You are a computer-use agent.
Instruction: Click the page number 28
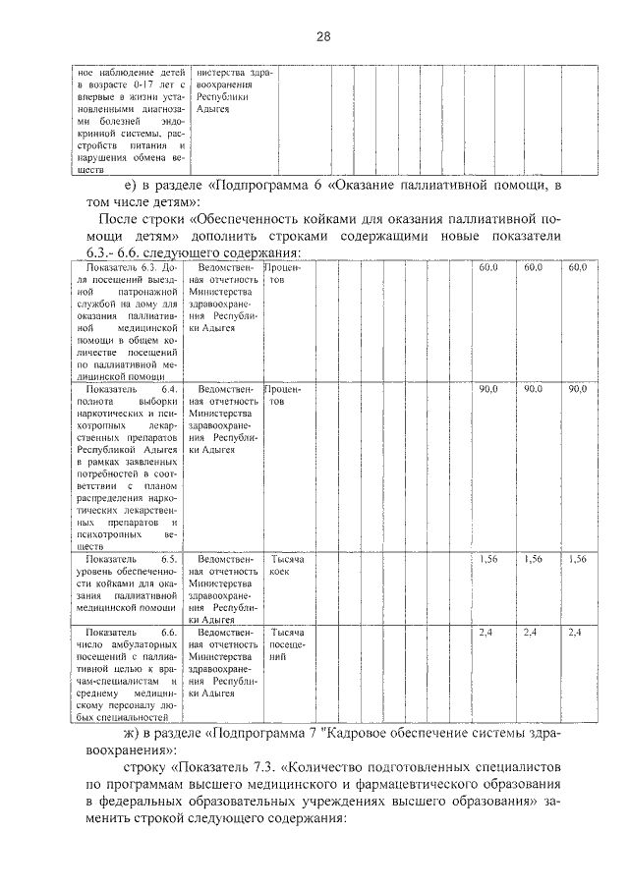322,37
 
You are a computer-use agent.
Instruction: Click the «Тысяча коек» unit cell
287,565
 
